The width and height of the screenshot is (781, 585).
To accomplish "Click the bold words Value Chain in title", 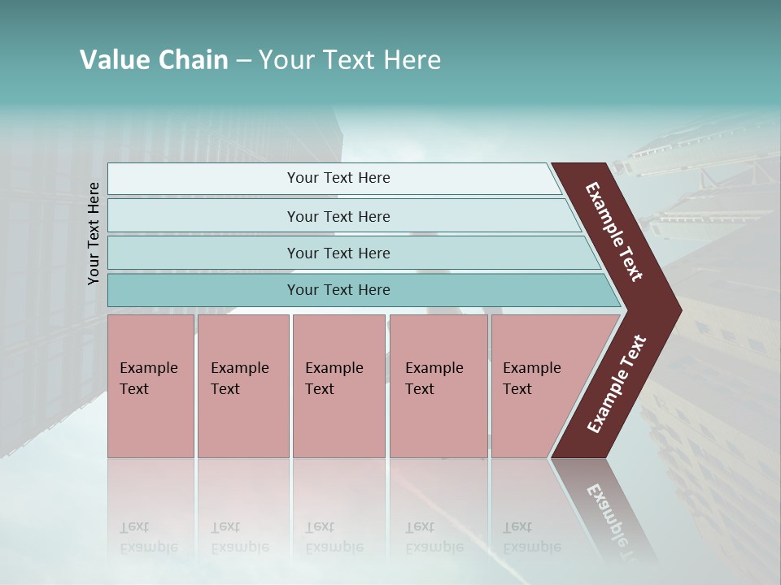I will pyautogui.click(x=154, y=60).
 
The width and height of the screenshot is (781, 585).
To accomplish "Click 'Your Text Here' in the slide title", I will pyautogui.click(x=350, y=60).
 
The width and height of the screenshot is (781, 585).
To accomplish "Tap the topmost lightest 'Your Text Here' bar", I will pyautogui.click(x=338, y=178).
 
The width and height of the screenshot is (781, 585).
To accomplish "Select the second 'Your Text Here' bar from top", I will pyautogui.click(x=338, y=216).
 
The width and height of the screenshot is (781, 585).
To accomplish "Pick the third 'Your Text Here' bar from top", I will pyautogui.click(x=338, y=253).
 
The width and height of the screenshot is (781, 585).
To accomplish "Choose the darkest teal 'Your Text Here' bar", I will pyautogui.click(x=338, y=290).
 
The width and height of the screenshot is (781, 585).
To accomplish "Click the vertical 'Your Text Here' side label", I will pyautogui.click(x=94, y=233).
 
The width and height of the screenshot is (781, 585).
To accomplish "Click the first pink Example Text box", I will pyautogui.click(x=151, y=386).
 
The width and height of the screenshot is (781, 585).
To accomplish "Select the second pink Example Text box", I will pyautogui.click(x=242, y=386).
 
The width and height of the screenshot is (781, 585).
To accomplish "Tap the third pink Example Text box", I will pyautogui.click(x=338, y=386).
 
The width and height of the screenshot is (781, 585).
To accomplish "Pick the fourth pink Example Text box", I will pyautogui.click(x=438, y=386).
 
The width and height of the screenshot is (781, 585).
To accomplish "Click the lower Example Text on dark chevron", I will pyautogui.click(x=617, y=383).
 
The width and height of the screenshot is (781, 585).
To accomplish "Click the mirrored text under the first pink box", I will pyautogui.click(x=148, y=537).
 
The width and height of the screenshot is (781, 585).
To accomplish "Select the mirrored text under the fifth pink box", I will pyautogui.click(x=531, y=537).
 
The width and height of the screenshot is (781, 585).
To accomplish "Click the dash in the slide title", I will pyautogui.click(x=243, y=60).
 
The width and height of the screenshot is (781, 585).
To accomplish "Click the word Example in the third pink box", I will pyautogui.click(x=334, y=368).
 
